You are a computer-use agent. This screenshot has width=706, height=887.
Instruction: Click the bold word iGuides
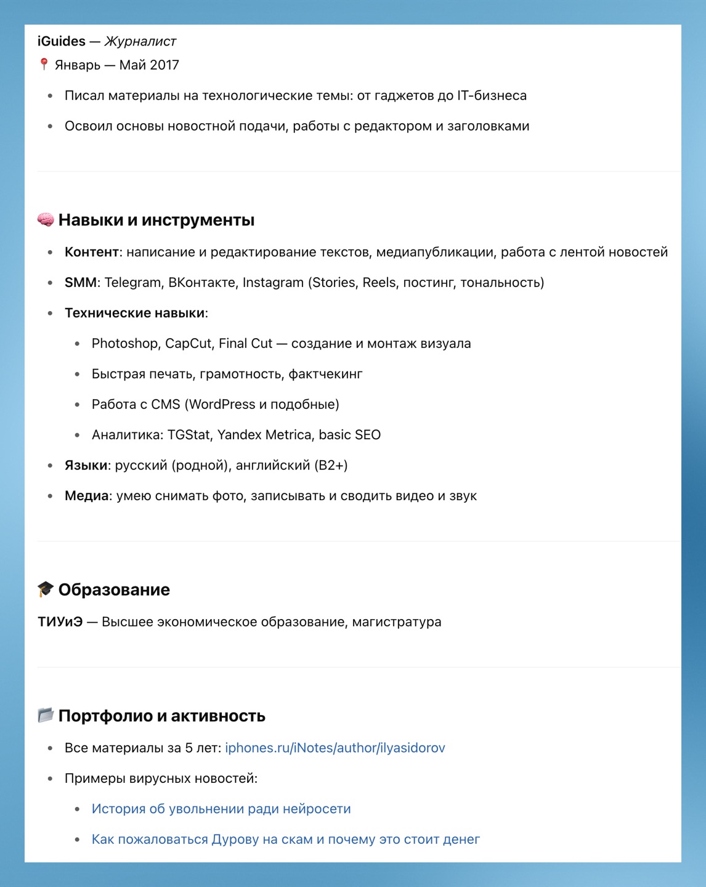click(62, 41)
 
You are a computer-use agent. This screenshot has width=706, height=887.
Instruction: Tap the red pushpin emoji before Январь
click(44, 64)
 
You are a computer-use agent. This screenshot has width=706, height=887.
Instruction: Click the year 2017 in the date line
click(164, 65)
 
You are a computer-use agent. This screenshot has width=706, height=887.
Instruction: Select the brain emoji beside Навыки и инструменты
click(46, 219)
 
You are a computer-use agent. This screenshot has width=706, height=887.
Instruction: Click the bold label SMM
click(81, 283)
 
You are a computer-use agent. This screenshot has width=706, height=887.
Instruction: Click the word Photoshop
click(125, 344)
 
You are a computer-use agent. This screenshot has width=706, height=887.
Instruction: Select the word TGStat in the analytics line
click(189, 435)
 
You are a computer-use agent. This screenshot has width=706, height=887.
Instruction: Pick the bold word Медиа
click(87, 496)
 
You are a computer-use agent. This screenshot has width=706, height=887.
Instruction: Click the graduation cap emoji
click(46, 589)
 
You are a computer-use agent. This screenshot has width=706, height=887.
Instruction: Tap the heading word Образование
click(114, 589)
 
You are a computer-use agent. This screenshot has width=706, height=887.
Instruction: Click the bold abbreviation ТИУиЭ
click(60, 622)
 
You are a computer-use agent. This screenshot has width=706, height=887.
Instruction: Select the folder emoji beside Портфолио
click(46, 715)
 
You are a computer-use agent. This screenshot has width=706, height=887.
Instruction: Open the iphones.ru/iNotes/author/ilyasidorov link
click(335, 748)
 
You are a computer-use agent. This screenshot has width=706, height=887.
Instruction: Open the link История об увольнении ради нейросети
click(221, 809)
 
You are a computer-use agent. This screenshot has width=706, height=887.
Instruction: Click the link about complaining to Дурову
click(285, 840)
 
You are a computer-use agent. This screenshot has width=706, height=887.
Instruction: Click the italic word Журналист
click(140, 41)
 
